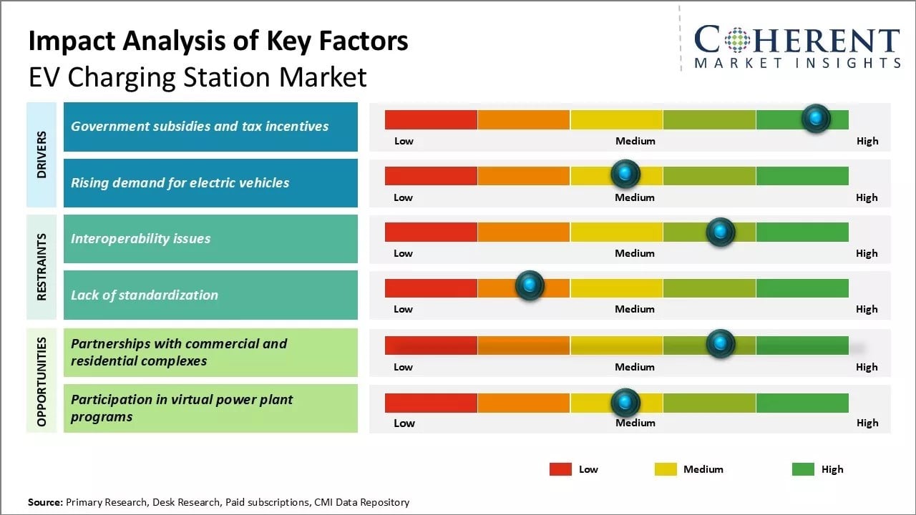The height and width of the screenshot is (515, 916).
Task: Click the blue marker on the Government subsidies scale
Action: (x=816, y=119)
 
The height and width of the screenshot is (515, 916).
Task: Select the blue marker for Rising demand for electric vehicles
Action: (x=625, y=174)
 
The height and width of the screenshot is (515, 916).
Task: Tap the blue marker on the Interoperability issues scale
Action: (x=720, y=232)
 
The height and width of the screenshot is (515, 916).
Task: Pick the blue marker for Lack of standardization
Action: (x=530, y=286)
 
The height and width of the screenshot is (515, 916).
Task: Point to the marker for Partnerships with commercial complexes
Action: (x=720, y=344)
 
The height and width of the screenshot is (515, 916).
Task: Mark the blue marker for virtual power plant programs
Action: (x=625, y=403)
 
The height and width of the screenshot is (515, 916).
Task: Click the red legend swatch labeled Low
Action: (x=560, y=469)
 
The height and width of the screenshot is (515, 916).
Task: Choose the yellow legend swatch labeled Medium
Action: (x=666, y=469)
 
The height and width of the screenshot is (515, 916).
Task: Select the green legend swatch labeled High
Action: (x=803, y=469)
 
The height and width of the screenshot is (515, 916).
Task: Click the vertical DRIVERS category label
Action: (x=42, y=154)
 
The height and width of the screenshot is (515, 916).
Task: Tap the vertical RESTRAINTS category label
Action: (x=42, y=267)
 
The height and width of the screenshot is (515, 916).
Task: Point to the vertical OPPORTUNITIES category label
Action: (x=42, y=381)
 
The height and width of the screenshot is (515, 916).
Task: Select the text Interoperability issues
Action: (x=140, y=239)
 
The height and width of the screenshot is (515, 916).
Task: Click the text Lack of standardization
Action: (x=144, y=295)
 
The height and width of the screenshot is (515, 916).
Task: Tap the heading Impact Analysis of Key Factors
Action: (x=218, y=41)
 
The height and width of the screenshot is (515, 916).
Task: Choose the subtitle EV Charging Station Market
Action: (x=198, y=77)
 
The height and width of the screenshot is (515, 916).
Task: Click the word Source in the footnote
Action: (x=44, y=502)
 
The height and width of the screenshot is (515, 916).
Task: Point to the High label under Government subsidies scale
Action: (x=867, y=141)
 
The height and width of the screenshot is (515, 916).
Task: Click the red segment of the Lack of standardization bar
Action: (x=431, y=288)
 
